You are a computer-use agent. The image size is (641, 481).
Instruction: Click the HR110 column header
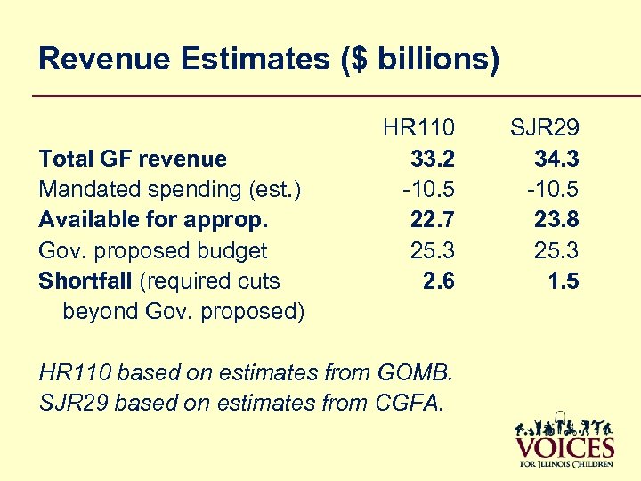(418, 128)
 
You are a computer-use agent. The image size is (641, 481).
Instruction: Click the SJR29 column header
(544, 128)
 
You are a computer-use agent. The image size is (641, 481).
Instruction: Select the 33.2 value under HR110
(433, 159)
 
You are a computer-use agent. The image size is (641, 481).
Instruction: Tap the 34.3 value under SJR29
(556, 159)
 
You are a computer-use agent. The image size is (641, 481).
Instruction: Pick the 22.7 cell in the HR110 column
(433, 220)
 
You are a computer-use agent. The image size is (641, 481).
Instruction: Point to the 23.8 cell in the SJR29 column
(556, 220)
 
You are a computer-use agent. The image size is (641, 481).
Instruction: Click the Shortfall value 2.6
(439, 281)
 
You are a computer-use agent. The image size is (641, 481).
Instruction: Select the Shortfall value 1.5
(564, 281)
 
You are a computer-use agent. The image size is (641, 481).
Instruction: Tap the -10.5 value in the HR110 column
(428, 190)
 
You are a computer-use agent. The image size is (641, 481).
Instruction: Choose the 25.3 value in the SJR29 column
(556, 250)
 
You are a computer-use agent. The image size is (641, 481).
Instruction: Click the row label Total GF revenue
(133, 159)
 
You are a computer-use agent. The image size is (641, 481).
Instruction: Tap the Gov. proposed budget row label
(152, 250)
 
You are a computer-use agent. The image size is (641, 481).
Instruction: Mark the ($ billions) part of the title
(414, 60)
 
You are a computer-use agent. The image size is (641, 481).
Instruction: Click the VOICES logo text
(564, 446)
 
